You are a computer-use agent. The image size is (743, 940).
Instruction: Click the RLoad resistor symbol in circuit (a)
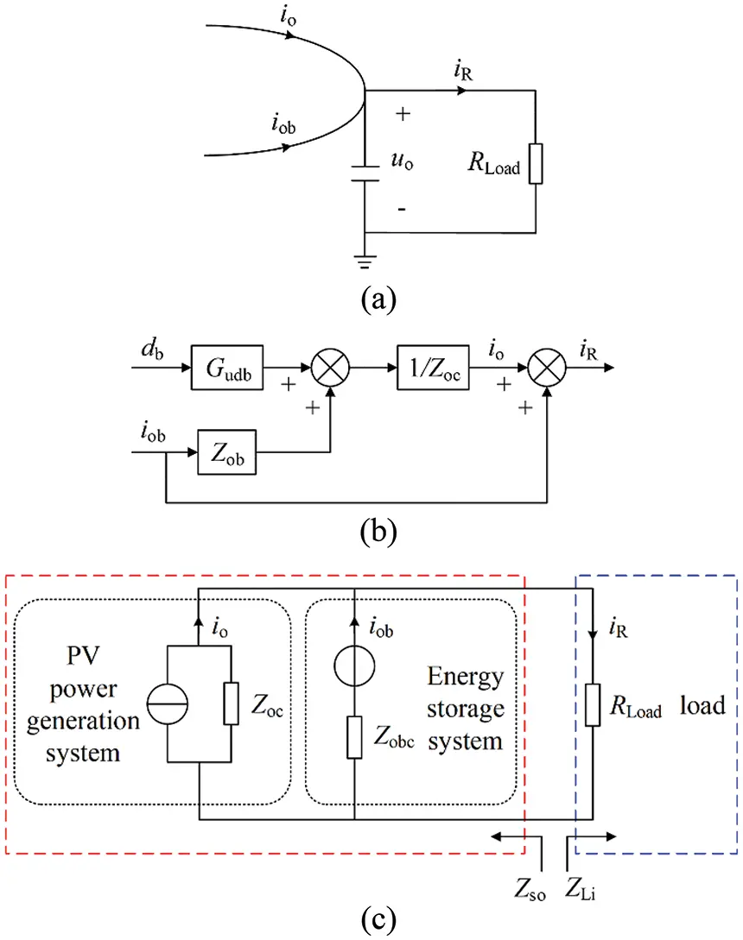click(537, 164)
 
